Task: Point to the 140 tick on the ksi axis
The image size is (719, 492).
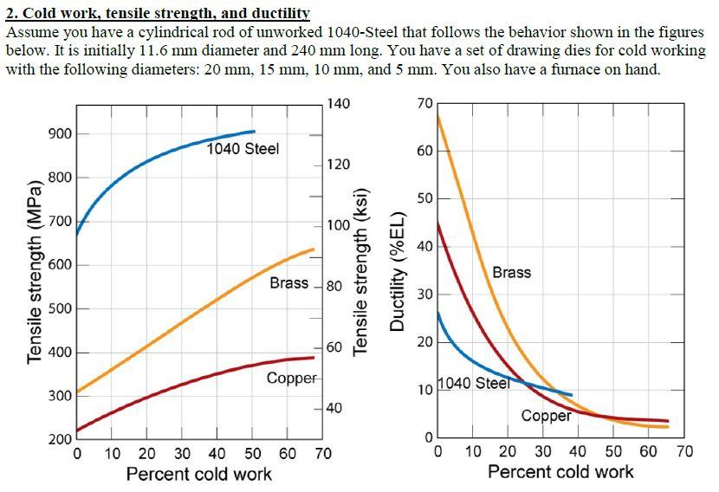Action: point(340,104)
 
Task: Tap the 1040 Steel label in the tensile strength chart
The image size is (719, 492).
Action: point(243,149)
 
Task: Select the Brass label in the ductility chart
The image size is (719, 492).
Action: point(511,273)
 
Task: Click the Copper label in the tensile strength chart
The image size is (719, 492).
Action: point(293,379)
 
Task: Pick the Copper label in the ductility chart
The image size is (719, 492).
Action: point(546,416)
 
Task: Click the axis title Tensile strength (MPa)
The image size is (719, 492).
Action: point(35,273)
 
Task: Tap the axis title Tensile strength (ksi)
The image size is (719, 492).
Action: point(363,273)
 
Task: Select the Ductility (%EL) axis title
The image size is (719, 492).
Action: point(398,270)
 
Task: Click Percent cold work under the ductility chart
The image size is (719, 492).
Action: point(560,472)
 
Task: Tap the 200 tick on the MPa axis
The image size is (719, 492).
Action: point(60,440)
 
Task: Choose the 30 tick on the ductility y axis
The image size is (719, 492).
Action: point(424,295)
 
